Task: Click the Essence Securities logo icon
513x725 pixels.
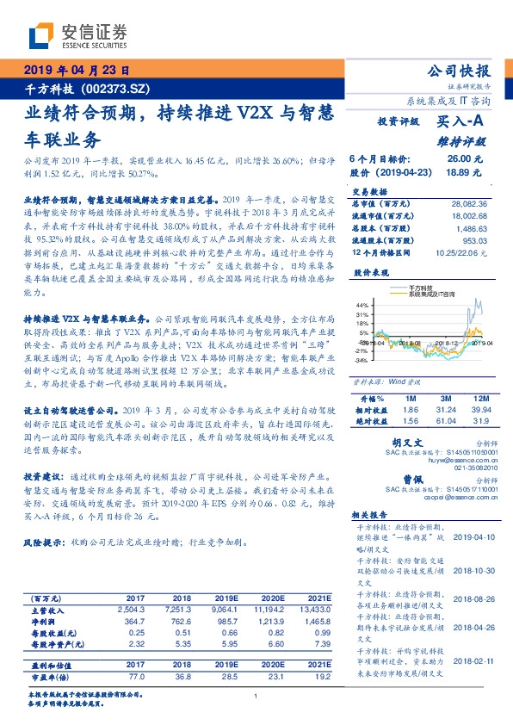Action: click(x=44, y=35)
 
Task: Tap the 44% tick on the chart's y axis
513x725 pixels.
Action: click(x=362, y=305)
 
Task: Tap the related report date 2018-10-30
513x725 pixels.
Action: click(x=473, y=569)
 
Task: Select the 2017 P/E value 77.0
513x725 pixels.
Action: click(x=136, y=677)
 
